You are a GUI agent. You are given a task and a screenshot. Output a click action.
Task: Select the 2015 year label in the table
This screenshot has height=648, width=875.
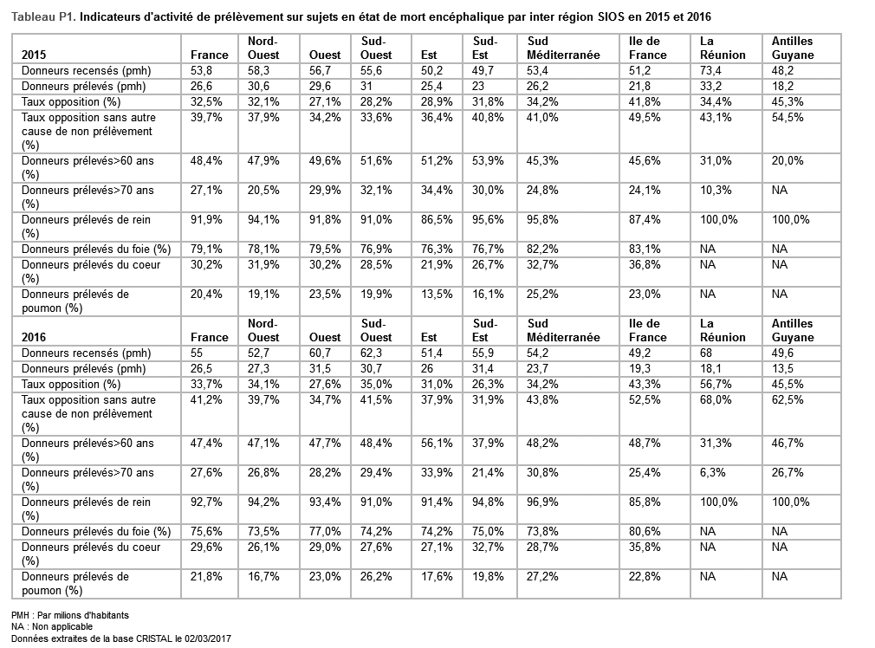(35, 55)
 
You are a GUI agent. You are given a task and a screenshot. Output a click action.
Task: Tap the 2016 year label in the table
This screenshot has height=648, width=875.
(35, 337)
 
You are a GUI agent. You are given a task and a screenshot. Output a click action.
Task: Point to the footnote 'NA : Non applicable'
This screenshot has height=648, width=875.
(52, 626)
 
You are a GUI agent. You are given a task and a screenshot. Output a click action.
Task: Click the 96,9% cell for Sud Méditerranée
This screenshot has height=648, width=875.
(542, 502)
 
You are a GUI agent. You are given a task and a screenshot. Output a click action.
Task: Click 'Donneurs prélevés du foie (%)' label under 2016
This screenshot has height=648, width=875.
(95, 531)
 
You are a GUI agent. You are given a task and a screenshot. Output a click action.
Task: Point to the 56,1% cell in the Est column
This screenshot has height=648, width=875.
(435, 443)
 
